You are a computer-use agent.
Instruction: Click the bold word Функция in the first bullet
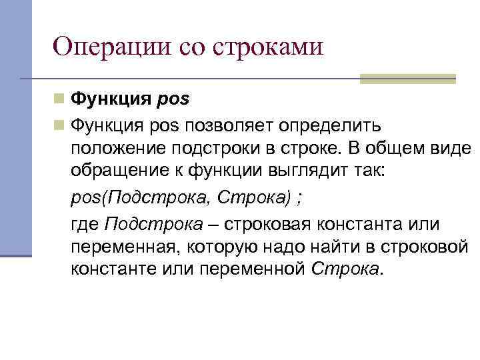(110, 100)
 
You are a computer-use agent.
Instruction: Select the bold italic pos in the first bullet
(173, 100)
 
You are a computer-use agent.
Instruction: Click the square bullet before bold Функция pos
(59, 100)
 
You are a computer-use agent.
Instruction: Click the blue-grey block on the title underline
(407, 79)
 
